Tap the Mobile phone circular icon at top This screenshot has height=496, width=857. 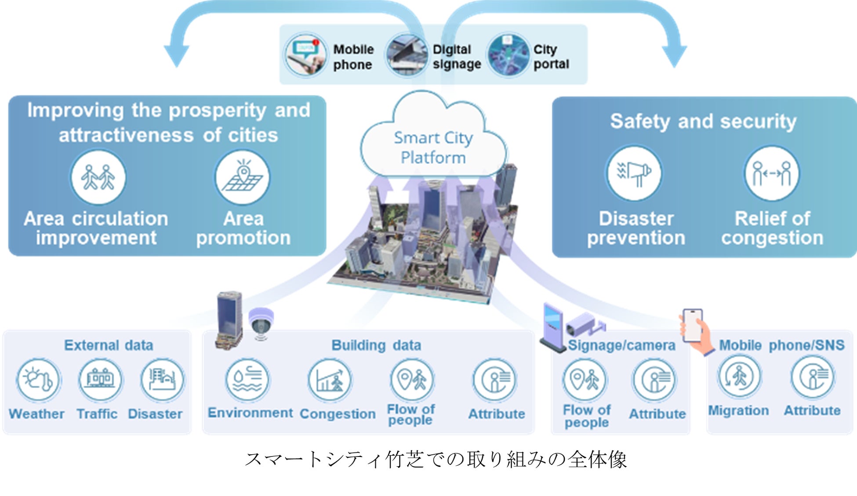305,55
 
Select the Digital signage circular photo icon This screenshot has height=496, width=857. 407,56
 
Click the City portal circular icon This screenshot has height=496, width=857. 508,56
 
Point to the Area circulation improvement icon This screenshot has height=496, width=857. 98,177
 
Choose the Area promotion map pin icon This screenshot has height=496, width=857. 243,177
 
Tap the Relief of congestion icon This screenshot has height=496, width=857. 771,174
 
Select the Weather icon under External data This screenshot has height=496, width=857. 38,380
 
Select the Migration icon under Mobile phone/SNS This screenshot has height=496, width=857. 739,377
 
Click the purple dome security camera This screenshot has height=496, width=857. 261,323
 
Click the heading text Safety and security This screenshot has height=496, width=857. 703,122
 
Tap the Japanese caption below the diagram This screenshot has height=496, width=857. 435,460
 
